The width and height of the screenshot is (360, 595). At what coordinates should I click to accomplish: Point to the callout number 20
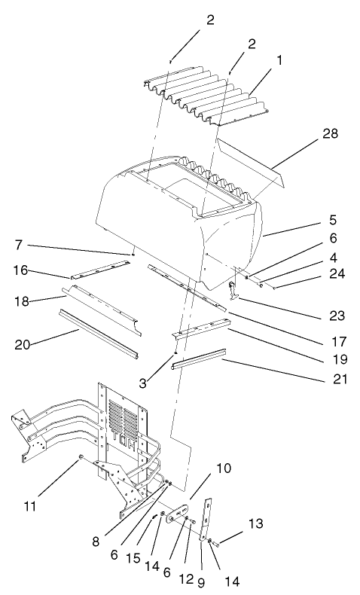[23, 345]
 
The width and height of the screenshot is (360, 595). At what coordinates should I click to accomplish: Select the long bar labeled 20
[98, 331]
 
